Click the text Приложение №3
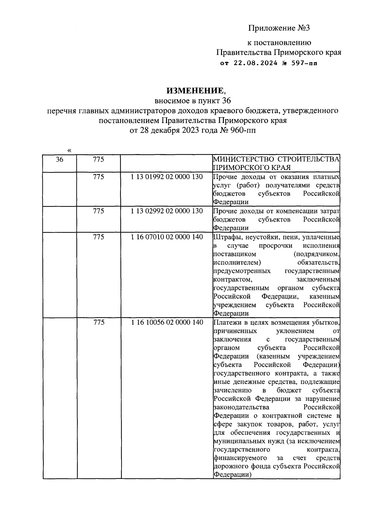(279, 28)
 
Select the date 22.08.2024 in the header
(255, 64)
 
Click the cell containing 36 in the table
(59, 160)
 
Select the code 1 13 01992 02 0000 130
(167, 177)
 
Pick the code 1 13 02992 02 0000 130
(167, 211)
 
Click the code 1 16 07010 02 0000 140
(167, 237)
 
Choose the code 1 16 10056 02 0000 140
(167, 322)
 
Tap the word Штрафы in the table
(225, 237)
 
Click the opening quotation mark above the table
(69, 151)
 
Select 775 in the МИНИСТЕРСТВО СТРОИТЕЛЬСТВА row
(99, 160)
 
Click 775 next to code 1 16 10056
(99, 322)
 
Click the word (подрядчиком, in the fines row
(317, 254)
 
